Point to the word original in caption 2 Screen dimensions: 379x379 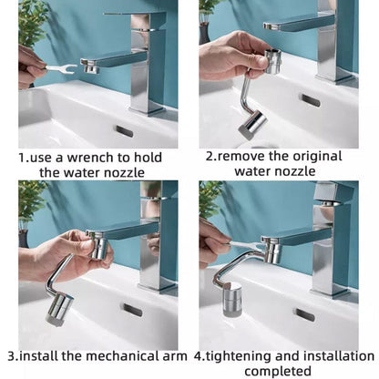point(312,156)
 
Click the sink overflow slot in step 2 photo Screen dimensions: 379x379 point(309,99)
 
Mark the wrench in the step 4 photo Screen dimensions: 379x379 point(246,248)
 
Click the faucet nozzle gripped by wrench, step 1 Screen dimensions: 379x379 point(88,67)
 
